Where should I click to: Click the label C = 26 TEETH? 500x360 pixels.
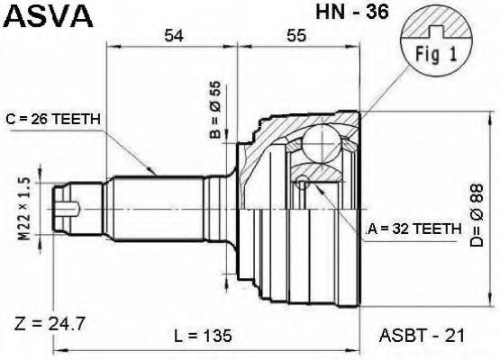pyautogui.click(x=53, y=119)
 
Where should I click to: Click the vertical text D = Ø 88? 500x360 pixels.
pyautogui.click(x=478, y=216)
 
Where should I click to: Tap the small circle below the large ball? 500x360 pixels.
pyautogui.click(x=305, y=184)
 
